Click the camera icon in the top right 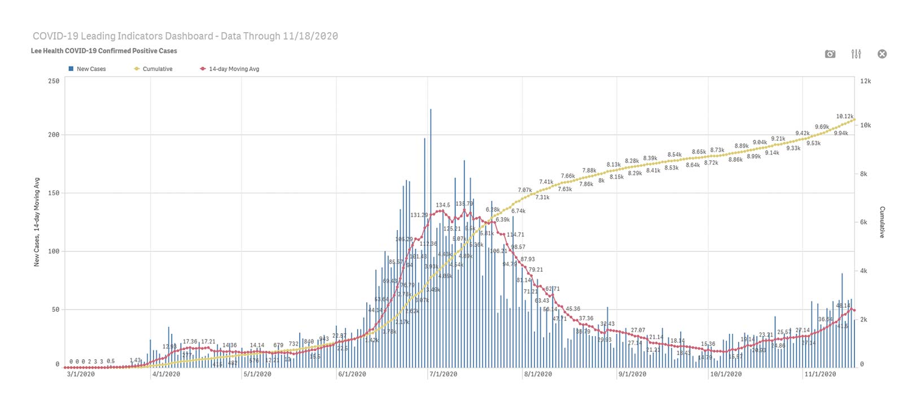(830, 54)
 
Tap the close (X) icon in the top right (882, 54)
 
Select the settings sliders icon (856, 54)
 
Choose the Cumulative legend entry (154, 69)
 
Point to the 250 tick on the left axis (54, 81)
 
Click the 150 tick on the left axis (54, 193)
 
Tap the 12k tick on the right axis (865, 81)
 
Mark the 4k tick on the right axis (863, 271)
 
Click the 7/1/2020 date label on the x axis (443, 374)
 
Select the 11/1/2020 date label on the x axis (820, 374)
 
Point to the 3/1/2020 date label (81, 374)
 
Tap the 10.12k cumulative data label (845, 117)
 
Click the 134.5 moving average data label (443, 205)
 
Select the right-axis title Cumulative (882, 222)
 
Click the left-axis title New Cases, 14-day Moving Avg (37, 222)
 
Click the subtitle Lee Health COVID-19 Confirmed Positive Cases (104, 51)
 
